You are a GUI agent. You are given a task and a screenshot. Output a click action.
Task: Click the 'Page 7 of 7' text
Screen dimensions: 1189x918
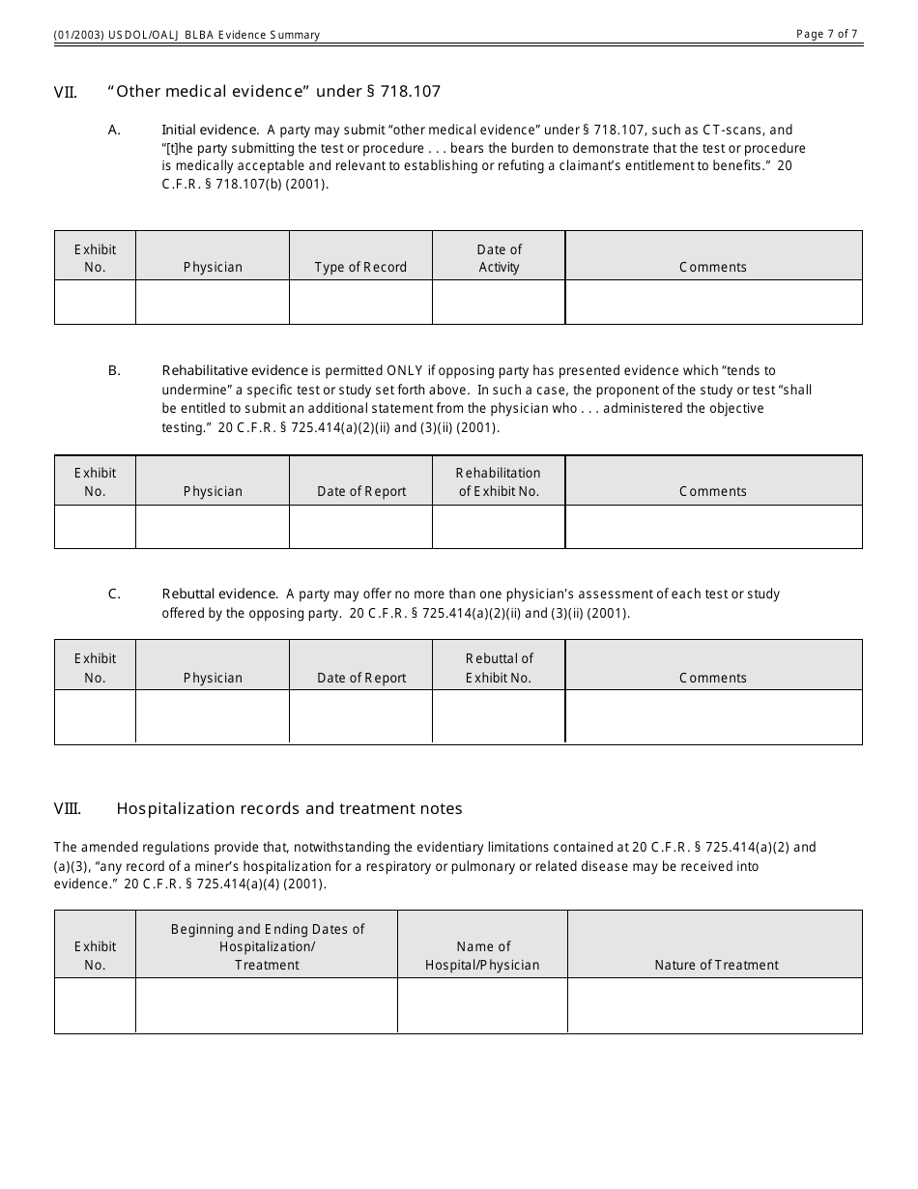coord(826,34)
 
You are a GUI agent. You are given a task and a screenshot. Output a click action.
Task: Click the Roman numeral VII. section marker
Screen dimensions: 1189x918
coord(65,93)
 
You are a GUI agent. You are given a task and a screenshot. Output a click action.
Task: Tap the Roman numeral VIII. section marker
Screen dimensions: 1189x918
coord(67,809)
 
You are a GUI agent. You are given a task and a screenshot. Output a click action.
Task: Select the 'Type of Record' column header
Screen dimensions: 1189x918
coord(360,268)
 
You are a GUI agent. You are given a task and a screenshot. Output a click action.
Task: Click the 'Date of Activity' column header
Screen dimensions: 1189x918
coord(499,258)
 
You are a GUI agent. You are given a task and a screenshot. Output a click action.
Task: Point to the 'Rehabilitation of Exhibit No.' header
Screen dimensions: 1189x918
coord(499,481)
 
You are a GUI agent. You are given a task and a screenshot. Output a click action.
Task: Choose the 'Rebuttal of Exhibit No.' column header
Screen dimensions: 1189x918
coord(499,668)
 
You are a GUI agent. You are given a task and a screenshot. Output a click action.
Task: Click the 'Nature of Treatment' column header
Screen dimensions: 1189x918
coord(716,965)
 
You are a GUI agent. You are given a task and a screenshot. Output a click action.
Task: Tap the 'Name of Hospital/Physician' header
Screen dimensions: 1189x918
coord(482,955)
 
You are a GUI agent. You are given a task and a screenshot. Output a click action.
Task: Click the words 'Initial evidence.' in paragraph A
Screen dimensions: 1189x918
coord(210,130)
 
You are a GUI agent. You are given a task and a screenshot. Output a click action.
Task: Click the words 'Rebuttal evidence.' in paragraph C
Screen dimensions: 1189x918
coord(219,594)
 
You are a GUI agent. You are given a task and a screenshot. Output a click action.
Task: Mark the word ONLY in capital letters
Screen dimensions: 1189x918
coord(405,370)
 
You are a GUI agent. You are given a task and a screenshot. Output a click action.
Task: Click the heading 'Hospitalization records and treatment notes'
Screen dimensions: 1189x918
coord(289,809)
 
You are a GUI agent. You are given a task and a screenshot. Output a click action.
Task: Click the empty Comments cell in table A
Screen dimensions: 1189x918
coord(713,302)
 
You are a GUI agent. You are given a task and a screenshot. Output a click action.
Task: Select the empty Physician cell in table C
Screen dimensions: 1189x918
coord(213,716)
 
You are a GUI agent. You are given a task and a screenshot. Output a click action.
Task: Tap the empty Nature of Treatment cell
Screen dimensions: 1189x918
coord(714,1005)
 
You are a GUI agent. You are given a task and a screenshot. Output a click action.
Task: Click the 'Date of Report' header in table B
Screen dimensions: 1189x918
coord(361,492)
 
